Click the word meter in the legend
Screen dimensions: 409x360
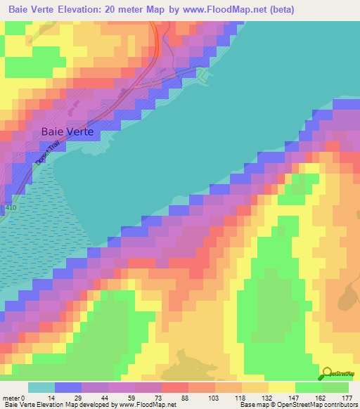coord(13,398)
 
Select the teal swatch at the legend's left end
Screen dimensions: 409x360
coord(41,387)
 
